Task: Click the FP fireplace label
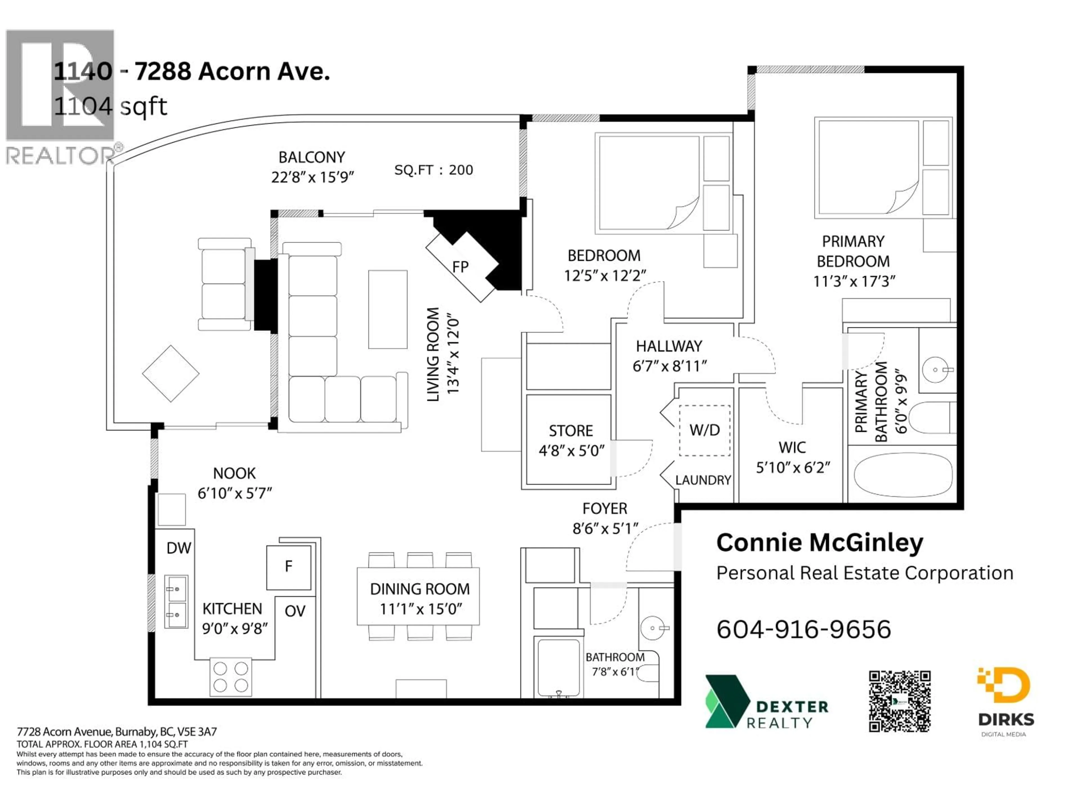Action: [x=460, y=267]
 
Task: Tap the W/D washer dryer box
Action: [x=704, y=430]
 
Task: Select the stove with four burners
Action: [x=231, y=677]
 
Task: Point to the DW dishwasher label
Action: [x=178, y=548]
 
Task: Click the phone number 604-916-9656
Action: [x=803, y=629]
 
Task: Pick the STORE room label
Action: [x=570, y=431]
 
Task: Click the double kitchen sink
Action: [x=176, y=601]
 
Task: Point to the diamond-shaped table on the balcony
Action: [x=171, y=373]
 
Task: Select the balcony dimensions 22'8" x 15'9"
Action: [x=312, y=177]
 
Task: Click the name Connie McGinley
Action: [x=819, y=543]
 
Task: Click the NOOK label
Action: [x=234, y=473]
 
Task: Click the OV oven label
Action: [x=295, y=611]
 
